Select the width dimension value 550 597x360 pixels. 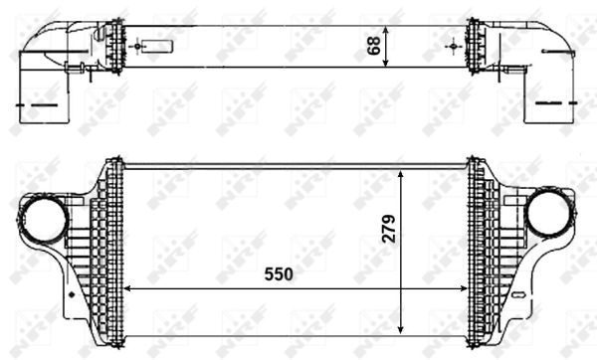pyautogui.click(x=279, y=273)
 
